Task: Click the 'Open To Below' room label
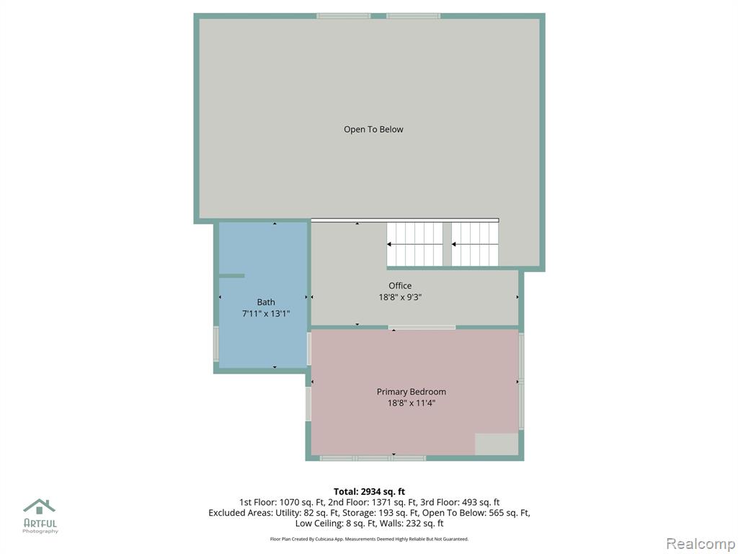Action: (x=373, y=130)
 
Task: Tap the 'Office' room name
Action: (x=400, y=286)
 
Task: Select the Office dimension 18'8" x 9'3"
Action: (x=400, y=297)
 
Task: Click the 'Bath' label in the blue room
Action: (x=266, y=302)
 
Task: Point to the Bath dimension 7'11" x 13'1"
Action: (x=266, y=314)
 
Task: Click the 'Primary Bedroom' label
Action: (x=412, y=392)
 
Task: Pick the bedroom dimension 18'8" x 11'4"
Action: (x=412, y=403)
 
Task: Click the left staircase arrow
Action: (x=414, y=244)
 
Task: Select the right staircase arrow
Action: (x=475, y=244)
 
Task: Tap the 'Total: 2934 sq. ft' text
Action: (x=370, y=492)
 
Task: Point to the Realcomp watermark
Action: (x=701, y=543)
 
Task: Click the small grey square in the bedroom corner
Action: (x=497, y=444)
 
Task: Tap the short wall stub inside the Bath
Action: (x=231, y=276)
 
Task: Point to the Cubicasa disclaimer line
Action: (x=370, y=539)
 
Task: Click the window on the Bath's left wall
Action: (x=216, y=344)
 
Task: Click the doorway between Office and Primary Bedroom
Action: (x=422, y=327)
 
